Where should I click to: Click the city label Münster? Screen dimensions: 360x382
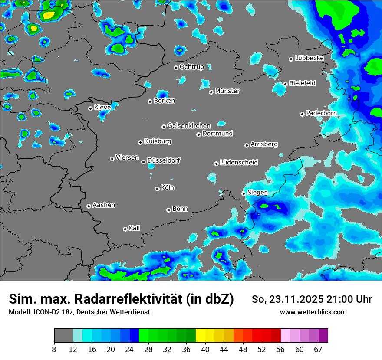click(227, 91)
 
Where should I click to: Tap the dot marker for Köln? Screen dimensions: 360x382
click(157, 189)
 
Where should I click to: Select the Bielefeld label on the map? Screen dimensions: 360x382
click(302, 83)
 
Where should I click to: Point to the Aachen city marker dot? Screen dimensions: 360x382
click(89, 206)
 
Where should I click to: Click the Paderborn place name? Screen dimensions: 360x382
click(321, 113)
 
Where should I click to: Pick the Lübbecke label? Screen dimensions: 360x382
click(309, 58)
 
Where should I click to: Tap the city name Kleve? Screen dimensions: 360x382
click(102, 107)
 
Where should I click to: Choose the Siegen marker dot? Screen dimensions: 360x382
click(244, 193)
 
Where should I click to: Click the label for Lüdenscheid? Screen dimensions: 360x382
click(239, 163)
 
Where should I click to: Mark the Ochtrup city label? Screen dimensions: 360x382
click(192, 67)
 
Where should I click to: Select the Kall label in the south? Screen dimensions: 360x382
click(135, 228)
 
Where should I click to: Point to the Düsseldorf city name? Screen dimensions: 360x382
click(164, 160)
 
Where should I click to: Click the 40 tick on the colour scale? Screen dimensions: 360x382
click(205, 350)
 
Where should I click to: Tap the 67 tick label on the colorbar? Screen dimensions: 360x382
click(318, 350)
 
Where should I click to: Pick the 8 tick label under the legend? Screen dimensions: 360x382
click(54, 350)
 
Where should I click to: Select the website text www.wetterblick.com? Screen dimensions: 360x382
click(313, 312)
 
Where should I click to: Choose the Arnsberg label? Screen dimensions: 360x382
click(264, 144)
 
